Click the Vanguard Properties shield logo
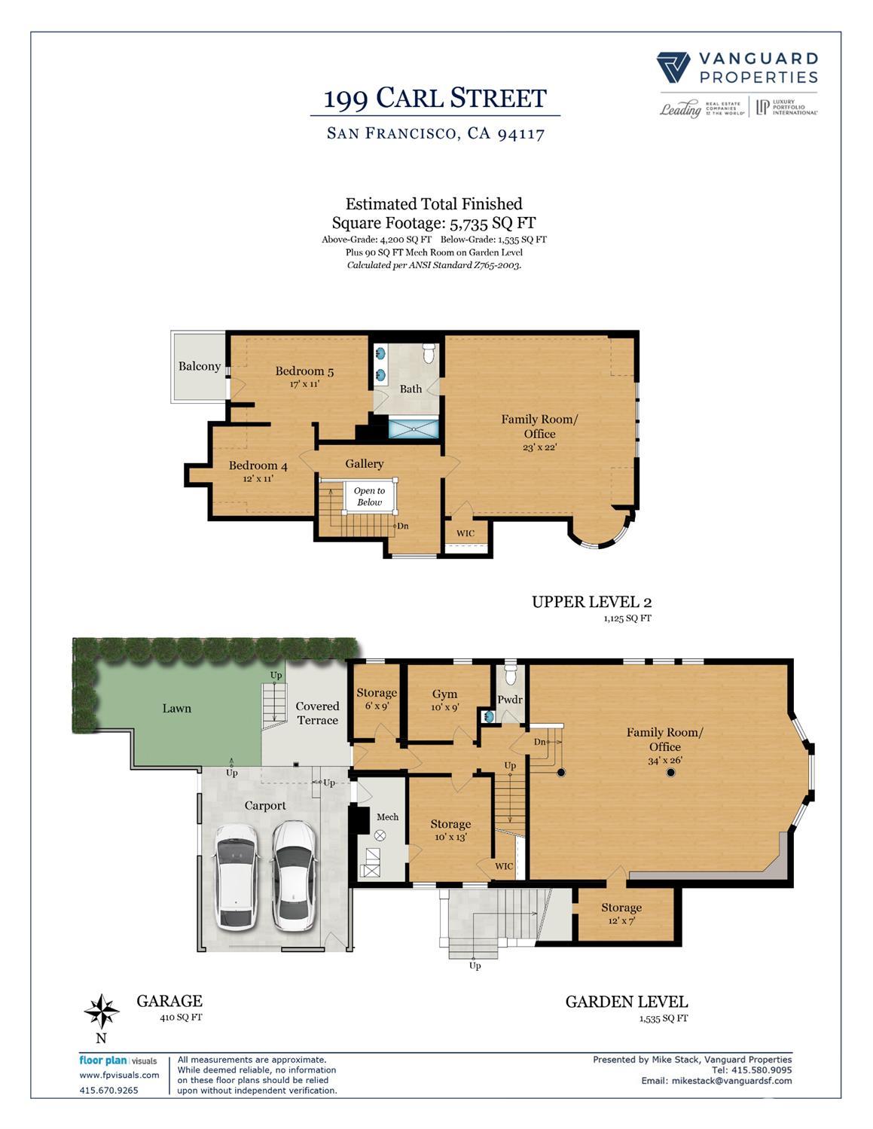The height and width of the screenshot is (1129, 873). pos(673,68)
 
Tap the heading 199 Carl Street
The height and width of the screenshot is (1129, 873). pos(435,98)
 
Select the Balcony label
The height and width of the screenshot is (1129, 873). pos(200,367)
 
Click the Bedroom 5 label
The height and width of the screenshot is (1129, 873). pos(304,371)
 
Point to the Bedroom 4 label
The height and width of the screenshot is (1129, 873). pos(258,465)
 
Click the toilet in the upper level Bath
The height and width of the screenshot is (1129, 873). pos(429,352)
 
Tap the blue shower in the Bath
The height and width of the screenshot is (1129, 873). pos(413,429)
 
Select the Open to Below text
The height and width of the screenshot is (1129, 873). pos(369,496)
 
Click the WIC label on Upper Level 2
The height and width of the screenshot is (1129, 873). pos(465,533)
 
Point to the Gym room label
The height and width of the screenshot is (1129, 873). pos(445,694)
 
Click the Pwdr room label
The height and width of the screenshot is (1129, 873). pos(510,700)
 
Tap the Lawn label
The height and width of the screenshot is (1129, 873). pos(177,708)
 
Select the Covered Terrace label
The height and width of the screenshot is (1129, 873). pos(317,713)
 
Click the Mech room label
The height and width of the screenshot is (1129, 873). pos(387,816)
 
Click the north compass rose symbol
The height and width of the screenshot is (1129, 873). pos(102,1012)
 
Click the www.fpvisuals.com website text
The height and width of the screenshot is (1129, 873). pos(119,1075)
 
